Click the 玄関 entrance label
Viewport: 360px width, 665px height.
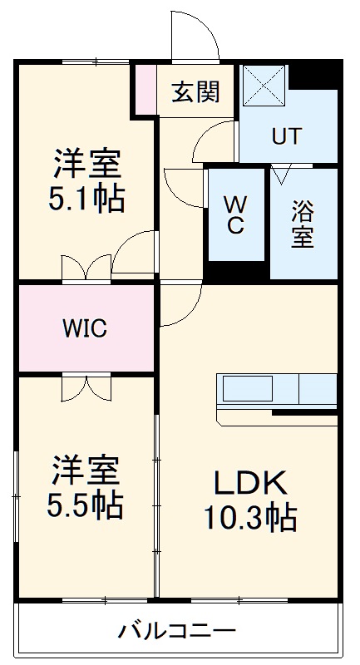point(196,92)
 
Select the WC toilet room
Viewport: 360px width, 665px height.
point(236,215)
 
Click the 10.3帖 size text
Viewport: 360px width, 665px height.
point(249,518)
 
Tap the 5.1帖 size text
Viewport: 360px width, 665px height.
point(87,199)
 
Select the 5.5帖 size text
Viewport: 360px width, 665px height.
point(86,503)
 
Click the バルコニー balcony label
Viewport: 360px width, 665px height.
point(176,629)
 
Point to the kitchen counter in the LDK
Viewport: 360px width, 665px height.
point(276,392)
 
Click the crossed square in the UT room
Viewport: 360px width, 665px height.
point(264,86)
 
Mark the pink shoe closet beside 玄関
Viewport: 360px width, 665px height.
point(146,88)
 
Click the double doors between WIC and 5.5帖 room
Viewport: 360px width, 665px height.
point(86,387)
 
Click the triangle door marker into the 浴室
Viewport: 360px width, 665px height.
point(279,174)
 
